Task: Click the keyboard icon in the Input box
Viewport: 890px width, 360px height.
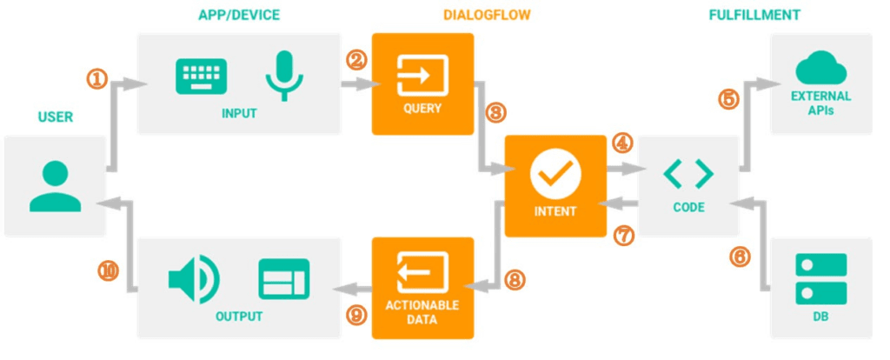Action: pyautogui.click(x=201, y=77)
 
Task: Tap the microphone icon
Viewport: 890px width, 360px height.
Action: pyautogui.click(x=284, y=75)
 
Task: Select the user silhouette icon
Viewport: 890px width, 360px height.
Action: pyautogui.click(x=55, y=185)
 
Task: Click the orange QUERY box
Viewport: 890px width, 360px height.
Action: pyautogui.click(x=422, y=83)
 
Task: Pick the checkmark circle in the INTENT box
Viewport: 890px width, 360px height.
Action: pyautogui.click(x=555, y=175)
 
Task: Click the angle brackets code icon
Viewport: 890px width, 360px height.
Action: pyautogui.click(x=688, y=174)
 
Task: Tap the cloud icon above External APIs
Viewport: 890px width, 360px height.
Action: pyautogui.click(x=820, y=67)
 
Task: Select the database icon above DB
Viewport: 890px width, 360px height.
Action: pyautogui.click(x=820, y=279)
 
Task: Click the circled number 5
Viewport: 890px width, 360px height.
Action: pyautogui.click(x=728, y=98)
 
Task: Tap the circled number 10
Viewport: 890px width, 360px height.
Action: pyautogui.click(x=109, y=271)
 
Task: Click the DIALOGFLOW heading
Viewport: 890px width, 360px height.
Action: pyautogui.click(x=486, y=15)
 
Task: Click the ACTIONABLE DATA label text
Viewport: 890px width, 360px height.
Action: pyautogui.click(x=422, y=313)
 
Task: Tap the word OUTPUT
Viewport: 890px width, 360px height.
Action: pyautogui.click(x=239, y=315)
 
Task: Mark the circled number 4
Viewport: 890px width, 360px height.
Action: pyautogui.click(x=622, y=142)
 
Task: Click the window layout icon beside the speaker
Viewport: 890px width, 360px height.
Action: pyautogui.click(x=283, y=279)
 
